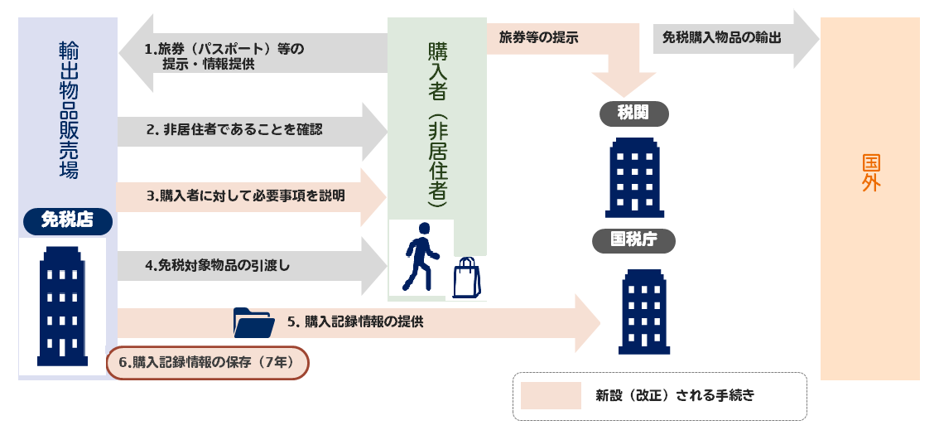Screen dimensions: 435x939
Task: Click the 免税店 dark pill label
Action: point(67,220)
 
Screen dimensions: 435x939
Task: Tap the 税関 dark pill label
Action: point(633,114)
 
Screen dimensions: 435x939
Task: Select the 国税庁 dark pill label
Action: point(633,240)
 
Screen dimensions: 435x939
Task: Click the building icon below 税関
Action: point(634,177)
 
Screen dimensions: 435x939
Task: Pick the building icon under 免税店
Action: point(62,306)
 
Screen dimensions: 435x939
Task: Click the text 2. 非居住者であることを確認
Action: point(234,130)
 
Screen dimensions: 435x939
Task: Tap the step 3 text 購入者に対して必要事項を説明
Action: point(245,196)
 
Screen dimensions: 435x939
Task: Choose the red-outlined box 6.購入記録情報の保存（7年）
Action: point(208,362)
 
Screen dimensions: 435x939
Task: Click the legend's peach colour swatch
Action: point(551,395)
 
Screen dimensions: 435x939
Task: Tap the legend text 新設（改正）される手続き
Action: point(675,395)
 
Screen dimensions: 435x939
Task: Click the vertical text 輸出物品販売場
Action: point(68,109)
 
